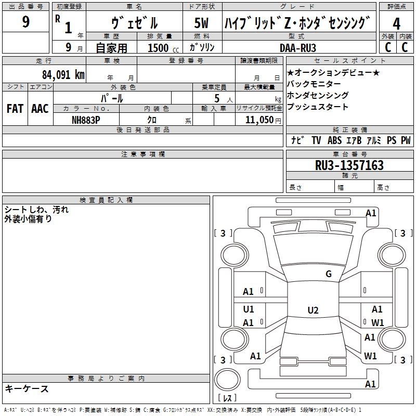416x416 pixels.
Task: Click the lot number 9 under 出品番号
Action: pyautogui.click(x=27, y=22)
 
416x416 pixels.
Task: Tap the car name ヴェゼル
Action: pyautogui.click(x=135, y=22)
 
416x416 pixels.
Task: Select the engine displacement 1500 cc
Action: pyautogui.click(x=159, y=48)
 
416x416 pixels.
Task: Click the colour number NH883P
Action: pyautogui.click(x=86, y=120)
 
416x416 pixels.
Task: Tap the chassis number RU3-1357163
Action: pyautogui.click(x=349, y=165)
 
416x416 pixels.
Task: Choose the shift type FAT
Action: pyautogui.click(x=15, y=109)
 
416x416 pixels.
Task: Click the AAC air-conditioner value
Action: pyautogui.click(x=40, y=109)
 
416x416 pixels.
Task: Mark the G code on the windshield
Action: pyautogui.click(x=328, y=274)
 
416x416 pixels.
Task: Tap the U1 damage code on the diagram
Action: pyautogui.click(x=249, y=309)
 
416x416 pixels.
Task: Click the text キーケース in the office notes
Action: pyautogui.click(x=27, y=389)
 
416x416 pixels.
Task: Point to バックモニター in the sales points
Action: pyautogui.click(x=314, y=84)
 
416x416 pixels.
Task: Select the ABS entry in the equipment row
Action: pyautogui.click(x=334, y=140)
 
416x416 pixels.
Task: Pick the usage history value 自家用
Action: pyautogui.click(x=112, y=48)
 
